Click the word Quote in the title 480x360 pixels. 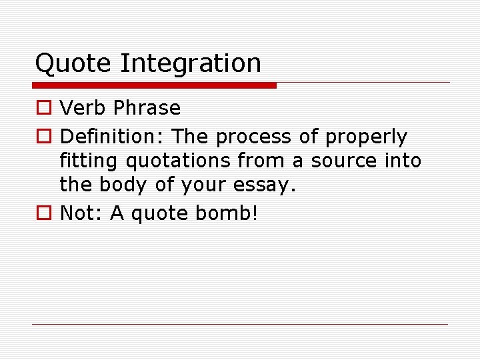pyautogui.click(x=73, y=64)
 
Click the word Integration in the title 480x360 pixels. pyautogui.click(x=191, y=64)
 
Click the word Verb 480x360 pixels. pyautogui.click(x=83, y=108)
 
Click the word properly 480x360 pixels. pyautogui.click(x=365, y=137)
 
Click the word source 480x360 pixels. pyautogui.click(x=342, y=161)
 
